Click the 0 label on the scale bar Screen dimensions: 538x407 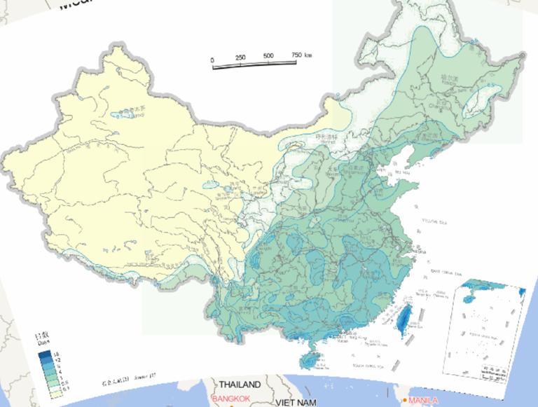coord(212,61)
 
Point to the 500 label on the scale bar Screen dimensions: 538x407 coord(268,55)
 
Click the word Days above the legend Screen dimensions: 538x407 coord(43,343)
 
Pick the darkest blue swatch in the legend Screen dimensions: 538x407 coord(43,350)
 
